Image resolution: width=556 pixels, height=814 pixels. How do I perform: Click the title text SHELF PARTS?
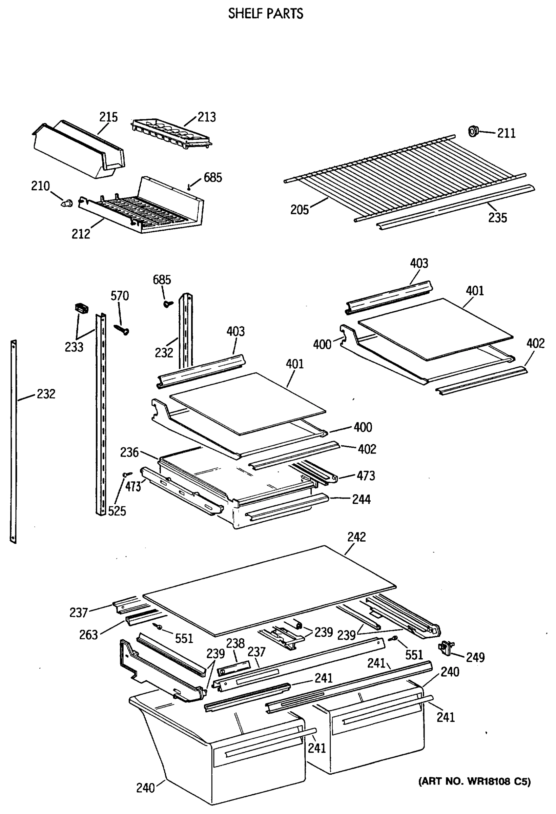(266, 14)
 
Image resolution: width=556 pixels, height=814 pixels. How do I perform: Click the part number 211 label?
(506, 133)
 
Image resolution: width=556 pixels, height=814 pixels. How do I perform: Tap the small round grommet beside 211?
(473, 131)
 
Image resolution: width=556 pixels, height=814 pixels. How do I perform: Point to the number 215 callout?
(108, 117)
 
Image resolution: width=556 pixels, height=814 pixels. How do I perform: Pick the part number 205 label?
(300, 210)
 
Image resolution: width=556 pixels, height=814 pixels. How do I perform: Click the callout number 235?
(497, 218)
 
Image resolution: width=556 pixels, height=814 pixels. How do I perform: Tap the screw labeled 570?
(122, 329)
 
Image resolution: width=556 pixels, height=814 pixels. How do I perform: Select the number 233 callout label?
(74, 347)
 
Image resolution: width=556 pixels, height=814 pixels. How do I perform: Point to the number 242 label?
(356, 537)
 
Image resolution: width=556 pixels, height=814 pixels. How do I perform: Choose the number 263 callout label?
(88, 635)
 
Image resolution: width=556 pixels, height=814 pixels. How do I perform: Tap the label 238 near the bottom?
(235, 643)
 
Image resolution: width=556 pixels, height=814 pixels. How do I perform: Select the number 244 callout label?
(361, 499)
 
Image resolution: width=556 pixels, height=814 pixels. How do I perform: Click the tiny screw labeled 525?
(127, 474)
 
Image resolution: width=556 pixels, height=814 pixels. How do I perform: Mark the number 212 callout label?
(81, 234)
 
